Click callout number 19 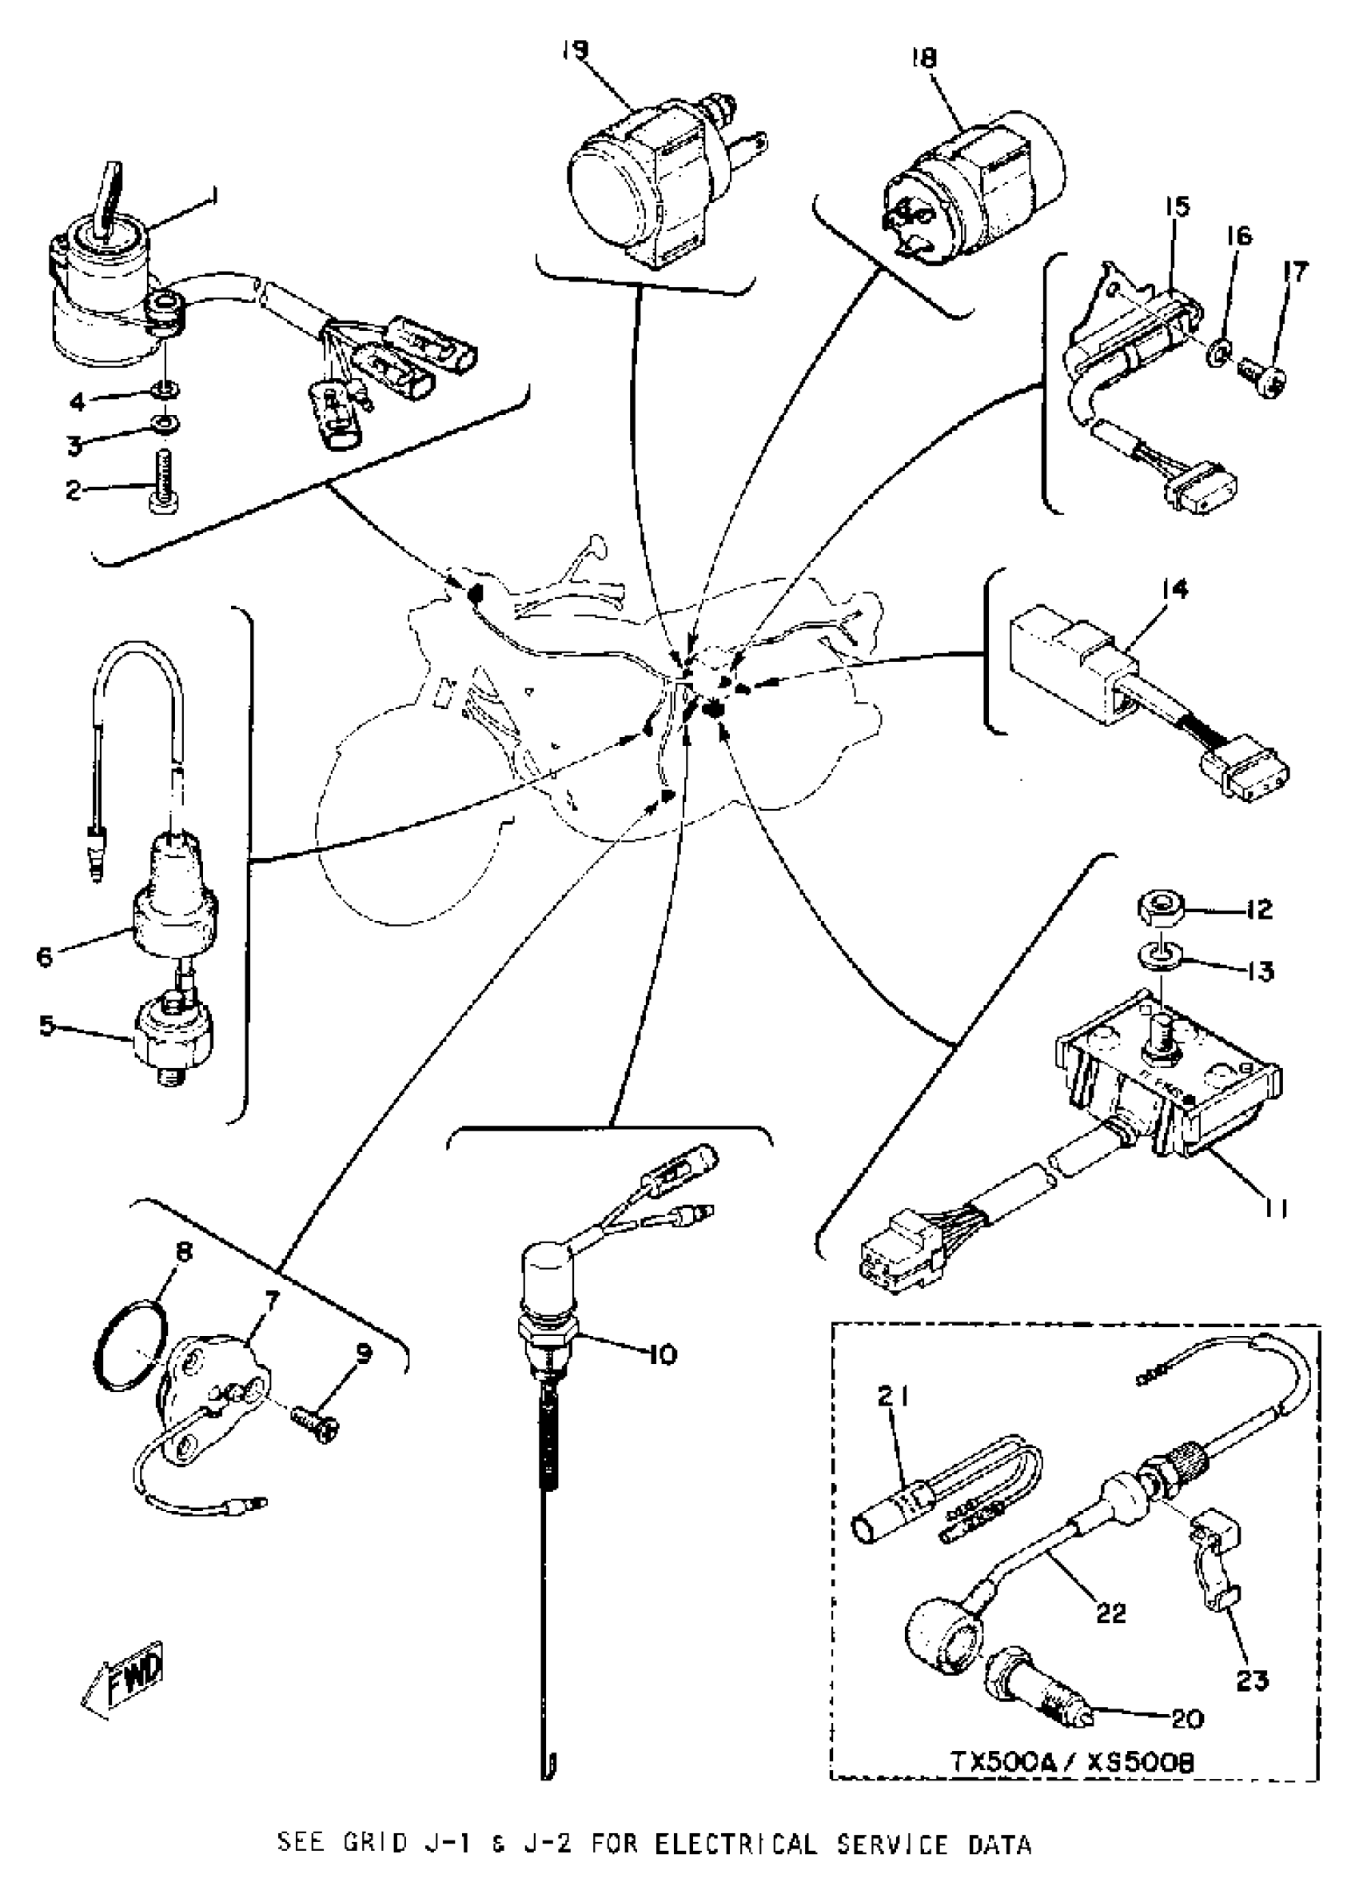pyautogui.click(x=575, y=51)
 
